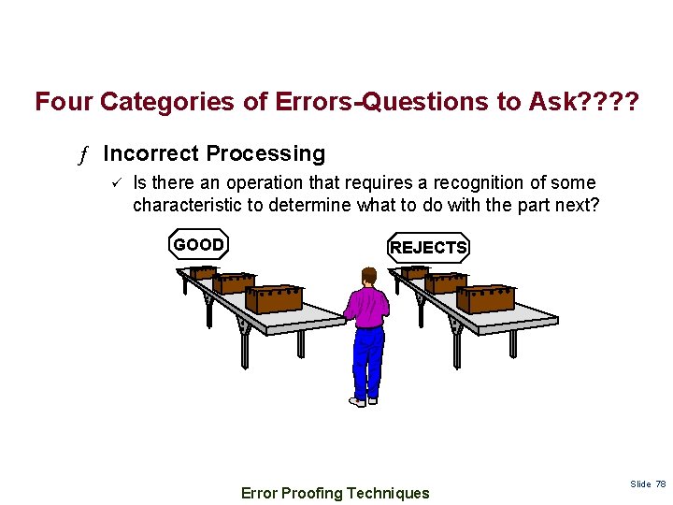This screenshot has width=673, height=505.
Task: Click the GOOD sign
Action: [x=198, y=245]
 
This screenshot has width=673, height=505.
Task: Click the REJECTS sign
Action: [x=428, y=248]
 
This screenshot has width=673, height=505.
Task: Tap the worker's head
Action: [x=369, y=277]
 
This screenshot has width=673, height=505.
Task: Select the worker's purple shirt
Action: [x=367, y=308]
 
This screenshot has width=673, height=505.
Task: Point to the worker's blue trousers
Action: [x=368, y=360]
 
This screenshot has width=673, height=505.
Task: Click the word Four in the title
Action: [x=64, y=101]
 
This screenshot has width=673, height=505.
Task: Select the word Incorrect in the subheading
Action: [x=150, y=153]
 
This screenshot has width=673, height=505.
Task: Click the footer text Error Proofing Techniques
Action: [x=336, y=493]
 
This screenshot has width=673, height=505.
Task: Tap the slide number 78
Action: [x=660, y=483]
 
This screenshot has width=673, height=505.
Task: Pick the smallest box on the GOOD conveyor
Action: [x=202, y=273]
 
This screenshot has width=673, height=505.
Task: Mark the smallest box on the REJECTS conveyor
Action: [x=414, y=273]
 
